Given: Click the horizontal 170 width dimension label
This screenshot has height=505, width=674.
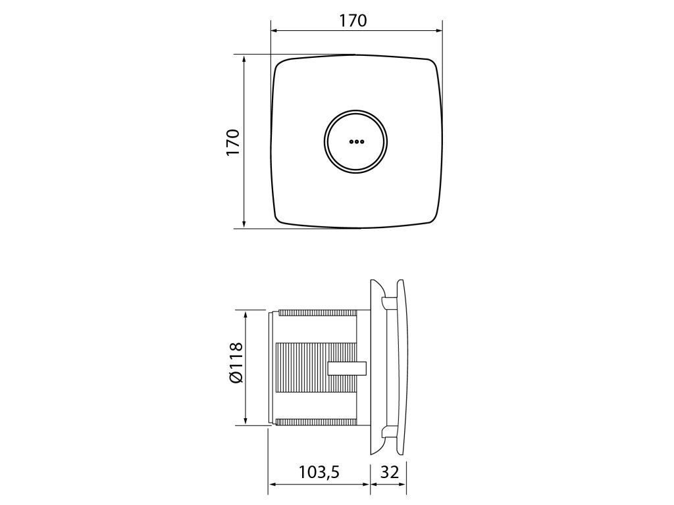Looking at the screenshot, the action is tap(353, 20).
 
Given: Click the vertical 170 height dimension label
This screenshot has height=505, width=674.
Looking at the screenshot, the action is tap(232, 142).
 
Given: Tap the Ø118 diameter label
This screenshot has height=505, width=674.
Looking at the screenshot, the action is tap(236, 362).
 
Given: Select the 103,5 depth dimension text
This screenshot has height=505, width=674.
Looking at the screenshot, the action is tap(319, 472).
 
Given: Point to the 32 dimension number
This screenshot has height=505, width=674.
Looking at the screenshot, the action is tap(390, 472).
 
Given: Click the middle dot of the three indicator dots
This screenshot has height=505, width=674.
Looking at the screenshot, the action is tap(356, 141).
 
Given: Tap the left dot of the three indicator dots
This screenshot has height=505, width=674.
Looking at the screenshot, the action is tap(351, 141).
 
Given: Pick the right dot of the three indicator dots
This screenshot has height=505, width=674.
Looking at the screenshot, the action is tap(362, 141).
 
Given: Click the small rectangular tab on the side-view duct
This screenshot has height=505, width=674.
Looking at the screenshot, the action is tap(346, 369).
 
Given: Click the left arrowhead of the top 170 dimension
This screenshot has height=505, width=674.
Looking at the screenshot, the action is tap(274, 30).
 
